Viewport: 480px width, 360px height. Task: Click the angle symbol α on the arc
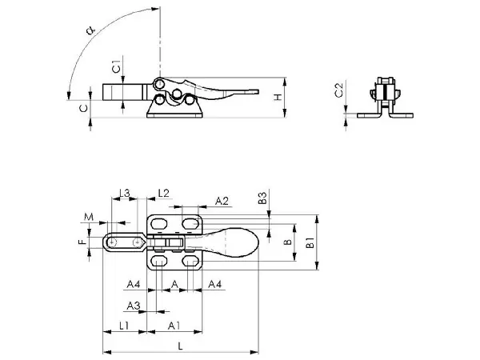(91, 30)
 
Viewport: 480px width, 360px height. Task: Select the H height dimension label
(278, 98)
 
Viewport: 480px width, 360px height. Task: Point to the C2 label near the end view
(339, 90)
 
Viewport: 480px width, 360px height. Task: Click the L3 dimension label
(125, 193)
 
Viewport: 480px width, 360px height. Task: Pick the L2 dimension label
(163, 193)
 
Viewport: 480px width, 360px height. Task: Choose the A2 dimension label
(222, 201)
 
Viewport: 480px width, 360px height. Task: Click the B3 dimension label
(262, 198)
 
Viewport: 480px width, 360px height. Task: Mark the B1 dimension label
(310, 242)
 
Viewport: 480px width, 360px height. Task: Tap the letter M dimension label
(89, 217)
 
